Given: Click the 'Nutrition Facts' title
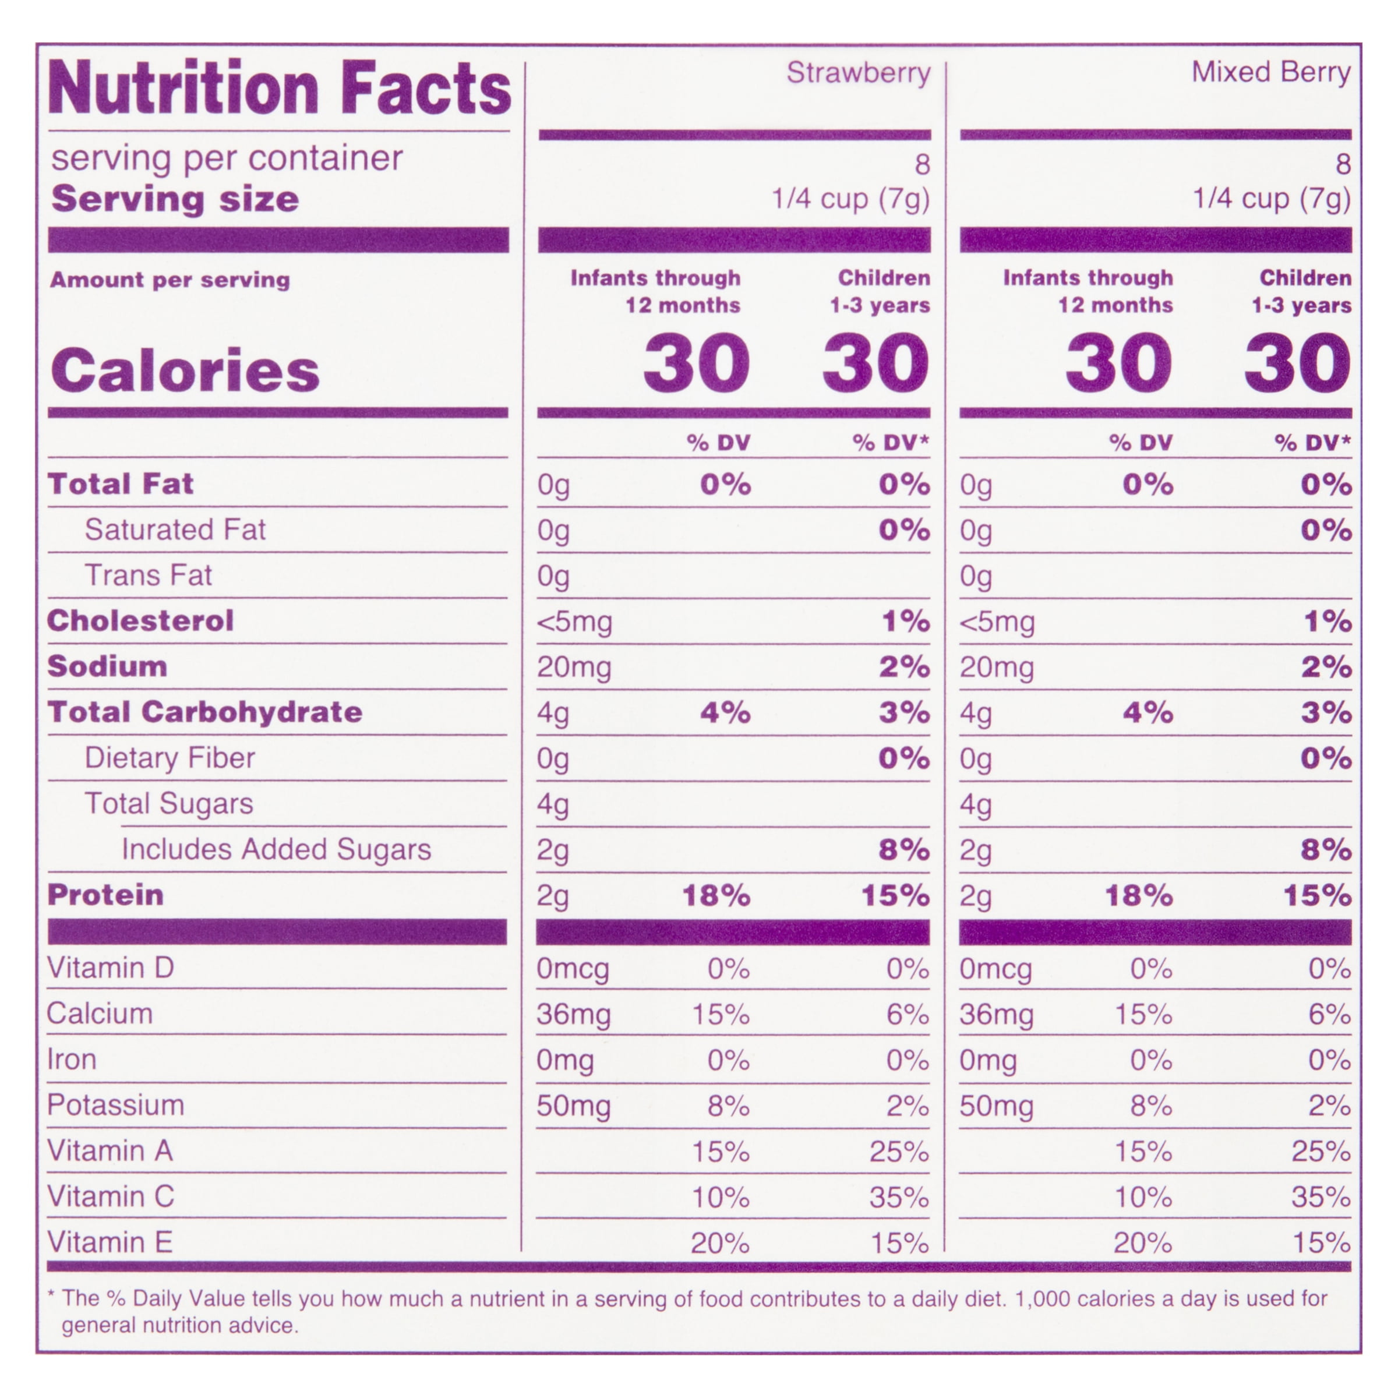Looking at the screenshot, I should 280,89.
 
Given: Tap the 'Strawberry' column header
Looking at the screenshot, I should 858,73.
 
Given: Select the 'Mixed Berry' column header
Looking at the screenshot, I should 1270,72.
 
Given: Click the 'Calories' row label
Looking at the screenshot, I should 185,370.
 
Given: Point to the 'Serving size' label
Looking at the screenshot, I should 175,199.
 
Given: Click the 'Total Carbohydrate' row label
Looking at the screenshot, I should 205,712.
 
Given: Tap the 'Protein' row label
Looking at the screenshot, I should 105,895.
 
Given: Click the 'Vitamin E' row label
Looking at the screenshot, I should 110,1242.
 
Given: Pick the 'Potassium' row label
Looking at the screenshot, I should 116,1105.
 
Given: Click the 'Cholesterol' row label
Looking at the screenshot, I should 140,621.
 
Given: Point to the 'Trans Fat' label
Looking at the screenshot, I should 149,576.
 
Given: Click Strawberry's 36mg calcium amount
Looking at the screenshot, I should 573,1015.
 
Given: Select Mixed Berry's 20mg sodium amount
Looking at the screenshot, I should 997,667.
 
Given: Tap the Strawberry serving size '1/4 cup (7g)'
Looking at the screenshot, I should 850,199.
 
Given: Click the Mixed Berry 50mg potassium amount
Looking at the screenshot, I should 997,1106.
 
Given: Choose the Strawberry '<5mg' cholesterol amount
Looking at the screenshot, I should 574,622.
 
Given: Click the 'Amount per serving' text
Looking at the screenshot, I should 170,280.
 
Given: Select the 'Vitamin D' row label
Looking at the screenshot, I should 111,968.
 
